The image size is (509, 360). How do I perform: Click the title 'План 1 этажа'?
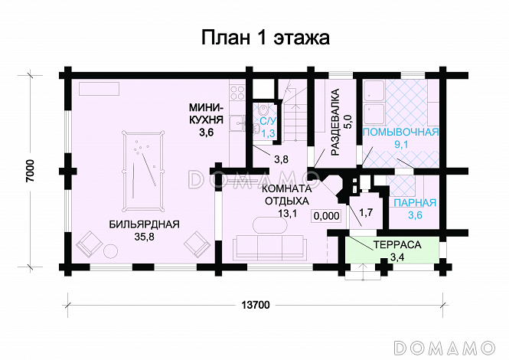(265, 38)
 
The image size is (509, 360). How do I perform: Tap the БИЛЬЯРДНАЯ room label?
(144, 224)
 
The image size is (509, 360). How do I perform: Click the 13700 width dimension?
(256, 305)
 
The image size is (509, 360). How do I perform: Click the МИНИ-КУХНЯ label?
(206, 113)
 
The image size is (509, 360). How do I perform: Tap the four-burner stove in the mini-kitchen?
(237, 92)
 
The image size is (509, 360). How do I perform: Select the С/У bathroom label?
(268, 121)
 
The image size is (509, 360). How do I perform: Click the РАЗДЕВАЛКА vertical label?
(335, 122)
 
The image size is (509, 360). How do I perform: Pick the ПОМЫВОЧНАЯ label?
(400, 133)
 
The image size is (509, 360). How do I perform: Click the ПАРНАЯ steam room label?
(415, 203)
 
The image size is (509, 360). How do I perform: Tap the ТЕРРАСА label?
(397, 244)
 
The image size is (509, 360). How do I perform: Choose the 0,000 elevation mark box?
(327, 216)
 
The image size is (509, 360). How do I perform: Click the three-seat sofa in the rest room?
(270, 247)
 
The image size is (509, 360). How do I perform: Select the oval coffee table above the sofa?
(270, 225)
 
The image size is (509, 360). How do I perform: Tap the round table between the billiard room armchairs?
(111, 250)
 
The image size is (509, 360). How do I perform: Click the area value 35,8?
(144, 237)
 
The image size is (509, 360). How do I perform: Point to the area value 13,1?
(288, 213)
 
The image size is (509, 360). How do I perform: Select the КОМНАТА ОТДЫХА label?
(287, 195)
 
